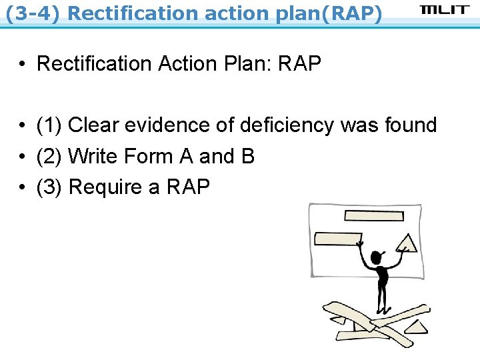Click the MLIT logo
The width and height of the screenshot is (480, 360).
tap(445, 11)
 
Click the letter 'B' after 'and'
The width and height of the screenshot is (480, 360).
tap(248, 156)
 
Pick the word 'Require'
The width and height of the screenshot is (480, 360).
tap(105, 187)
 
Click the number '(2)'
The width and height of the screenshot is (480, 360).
tap(49, 156)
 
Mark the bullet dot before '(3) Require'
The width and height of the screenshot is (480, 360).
tap(23, 187)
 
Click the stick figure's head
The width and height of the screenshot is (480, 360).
tap(378, 257)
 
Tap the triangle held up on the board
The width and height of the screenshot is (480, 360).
tap(407, 243)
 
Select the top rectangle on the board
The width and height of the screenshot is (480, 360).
tap(374, 215)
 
